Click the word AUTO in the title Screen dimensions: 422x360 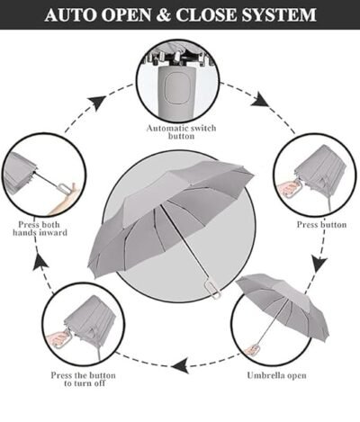[x=71, y=15]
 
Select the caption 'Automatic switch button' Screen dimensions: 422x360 [x=181, y=132]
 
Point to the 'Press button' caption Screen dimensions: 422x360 [x=320, y=225]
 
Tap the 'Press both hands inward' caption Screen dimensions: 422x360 [x=40, y=228]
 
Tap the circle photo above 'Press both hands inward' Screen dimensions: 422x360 [x=40, y=175]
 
